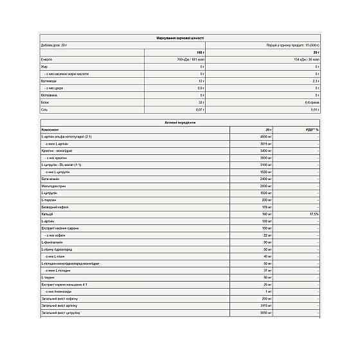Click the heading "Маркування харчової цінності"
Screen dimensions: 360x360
point(180,39)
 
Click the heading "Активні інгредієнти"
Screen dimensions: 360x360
point(180,122)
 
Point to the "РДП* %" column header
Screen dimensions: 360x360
point(312,129)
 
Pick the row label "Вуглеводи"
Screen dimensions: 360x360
point(48,80)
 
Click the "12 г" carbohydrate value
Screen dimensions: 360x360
point(201,80)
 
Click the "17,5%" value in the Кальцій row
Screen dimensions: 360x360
point(314,215)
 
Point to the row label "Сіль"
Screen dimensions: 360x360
point(44,109)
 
